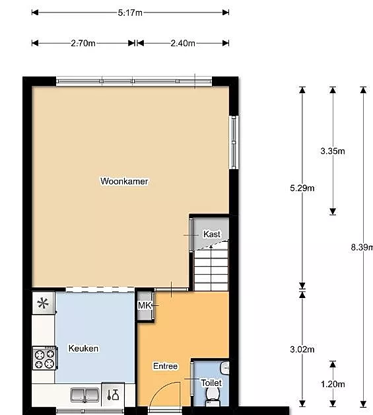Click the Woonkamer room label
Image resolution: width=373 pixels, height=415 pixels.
pos(124,181)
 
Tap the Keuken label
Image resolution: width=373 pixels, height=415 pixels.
pos(83,348)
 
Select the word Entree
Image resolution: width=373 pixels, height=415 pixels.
pos(165,366)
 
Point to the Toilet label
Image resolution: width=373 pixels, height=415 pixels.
pos(211,383)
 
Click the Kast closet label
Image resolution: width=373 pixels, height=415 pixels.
pos(212,234)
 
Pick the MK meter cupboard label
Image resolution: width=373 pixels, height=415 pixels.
pos(145,305)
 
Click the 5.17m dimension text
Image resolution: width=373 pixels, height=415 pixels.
pos(130,13)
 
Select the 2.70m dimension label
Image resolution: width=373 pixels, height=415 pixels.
pos(83,43)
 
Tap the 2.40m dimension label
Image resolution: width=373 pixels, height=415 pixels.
pos(183,43)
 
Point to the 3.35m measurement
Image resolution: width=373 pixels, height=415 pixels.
pos(333,151)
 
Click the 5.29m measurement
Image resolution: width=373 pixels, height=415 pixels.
pos(302,188)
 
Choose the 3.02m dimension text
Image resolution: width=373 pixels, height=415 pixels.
pos(302,350)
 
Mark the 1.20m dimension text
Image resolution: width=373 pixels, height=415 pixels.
pos(333,384)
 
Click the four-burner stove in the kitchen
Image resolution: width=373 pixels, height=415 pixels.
pos(45,358)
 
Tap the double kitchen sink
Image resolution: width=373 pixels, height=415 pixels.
pos(85,395)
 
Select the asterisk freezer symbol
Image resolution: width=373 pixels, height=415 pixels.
pos(43,303)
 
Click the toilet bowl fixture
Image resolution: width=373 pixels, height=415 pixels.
pos(213,396)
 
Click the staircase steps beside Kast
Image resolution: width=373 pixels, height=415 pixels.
pos(211,268)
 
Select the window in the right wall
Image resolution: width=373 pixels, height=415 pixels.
pos(234,142)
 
